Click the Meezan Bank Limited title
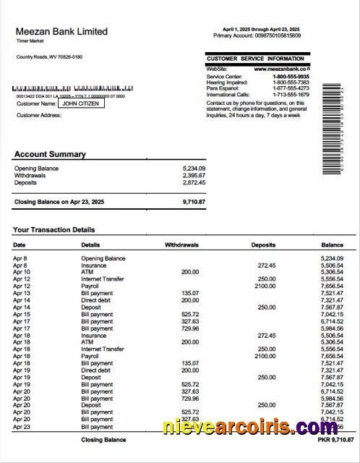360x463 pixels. coord(61,32)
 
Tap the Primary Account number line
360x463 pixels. coord(257,35)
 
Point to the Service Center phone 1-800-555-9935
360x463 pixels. coord(291,77)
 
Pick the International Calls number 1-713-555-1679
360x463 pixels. coord(291,95)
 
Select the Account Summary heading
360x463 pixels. coord(50,154)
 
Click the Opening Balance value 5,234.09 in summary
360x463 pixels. coord(194,169)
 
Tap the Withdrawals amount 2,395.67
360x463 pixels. coord(194,176)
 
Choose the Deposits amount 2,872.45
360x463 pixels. coord(194,183)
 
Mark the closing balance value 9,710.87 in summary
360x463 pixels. coord(194,202)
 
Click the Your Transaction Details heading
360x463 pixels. coord(53,230)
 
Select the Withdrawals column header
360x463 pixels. coord(181,245)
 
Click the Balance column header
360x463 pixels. coord(332,245)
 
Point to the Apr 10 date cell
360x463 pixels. coord(22,272)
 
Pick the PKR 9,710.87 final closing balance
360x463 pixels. coord(336,439)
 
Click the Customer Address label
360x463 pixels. coord(39,115)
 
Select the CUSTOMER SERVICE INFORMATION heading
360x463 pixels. coord(255,59)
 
